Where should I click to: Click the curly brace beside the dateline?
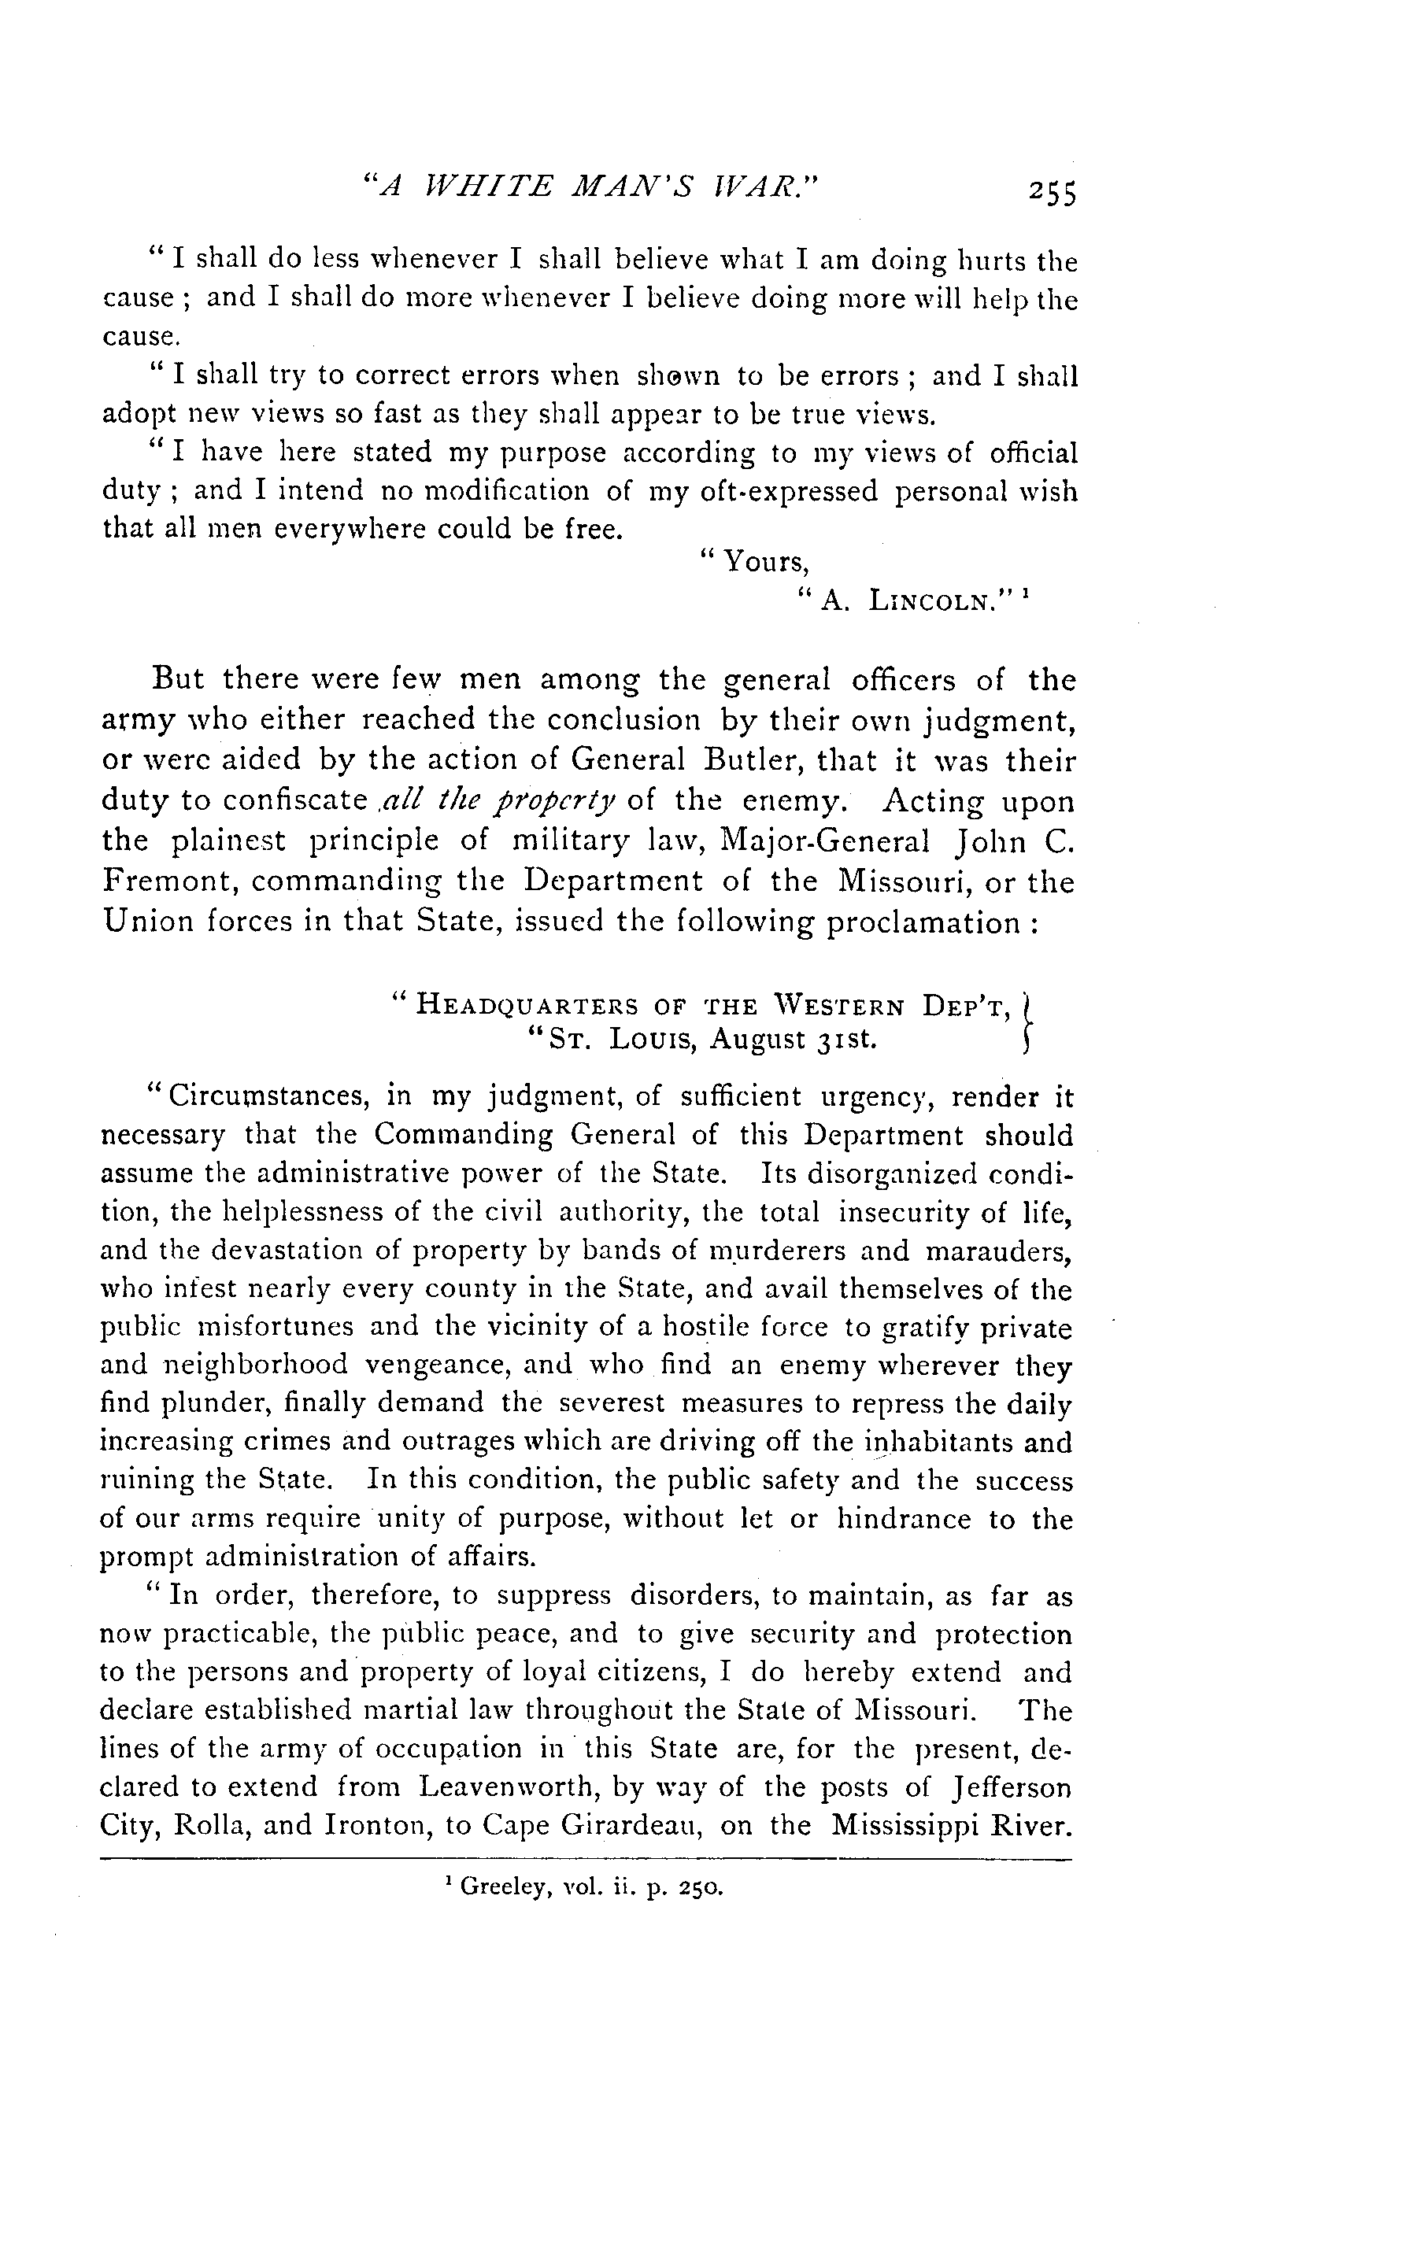[1026, 1022]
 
